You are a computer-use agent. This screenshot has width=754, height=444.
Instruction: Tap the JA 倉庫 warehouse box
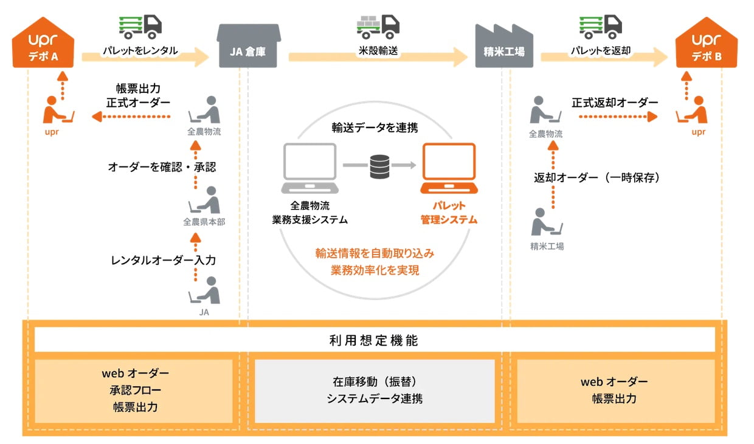[x=248, y=47]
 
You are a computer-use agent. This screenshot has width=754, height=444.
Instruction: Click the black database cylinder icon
[x=379, y=165]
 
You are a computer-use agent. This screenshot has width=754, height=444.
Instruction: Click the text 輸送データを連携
[x=375, y=128]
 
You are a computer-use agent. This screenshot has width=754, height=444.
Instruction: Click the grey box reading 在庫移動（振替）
[x=375, y=391]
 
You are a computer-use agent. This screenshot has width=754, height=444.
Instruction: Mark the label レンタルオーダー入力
[x=163, y=260]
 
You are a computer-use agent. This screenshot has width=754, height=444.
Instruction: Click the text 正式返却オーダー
[x=615, y=103]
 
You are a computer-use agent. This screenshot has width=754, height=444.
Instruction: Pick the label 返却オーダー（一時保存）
[x=597, y=177]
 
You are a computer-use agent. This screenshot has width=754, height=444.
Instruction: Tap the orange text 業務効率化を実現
[x=375, y=270]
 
